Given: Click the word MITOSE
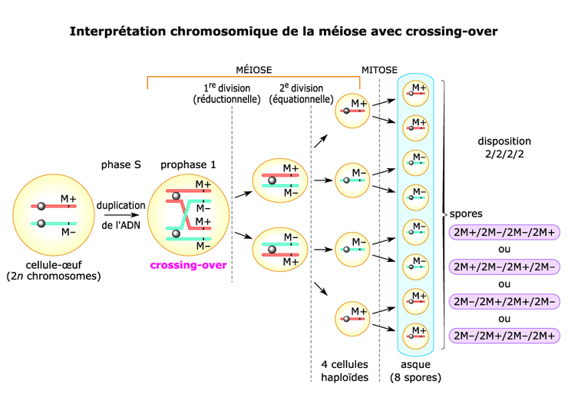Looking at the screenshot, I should coord(379,70).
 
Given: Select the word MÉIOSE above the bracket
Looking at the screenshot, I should coord(253,70).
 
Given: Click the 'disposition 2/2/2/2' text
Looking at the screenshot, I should coord(504,147).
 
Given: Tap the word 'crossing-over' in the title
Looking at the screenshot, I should coord(436,31).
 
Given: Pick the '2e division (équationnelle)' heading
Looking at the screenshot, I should coord(302,93).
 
